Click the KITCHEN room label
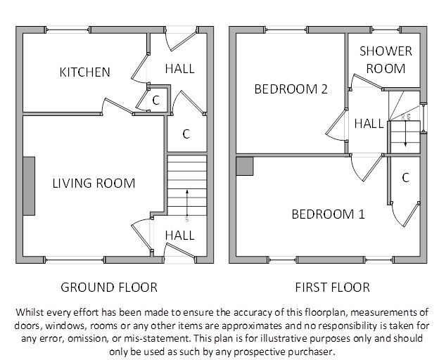coord(85,72)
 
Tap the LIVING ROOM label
coord(94,184)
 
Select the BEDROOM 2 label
coord(291,89)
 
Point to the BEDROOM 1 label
coord(329,214)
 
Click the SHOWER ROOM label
coord(386,60)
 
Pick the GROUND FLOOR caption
coord(109,288)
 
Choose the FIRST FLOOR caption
coord(333,288)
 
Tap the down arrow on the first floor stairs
coord(405,134)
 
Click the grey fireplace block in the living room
coord(29,186)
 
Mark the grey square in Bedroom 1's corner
coord(245,166)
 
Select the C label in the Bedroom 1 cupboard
coord(406,178)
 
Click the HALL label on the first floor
coord(369,124)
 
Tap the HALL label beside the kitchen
coord(179,69)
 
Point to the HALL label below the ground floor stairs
coord(179,236)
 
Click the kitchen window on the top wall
coord(68,30)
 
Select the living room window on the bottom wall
coord(74,260)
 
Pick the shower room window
coord(385,30)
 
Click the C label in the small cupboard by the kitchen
coord(156,100)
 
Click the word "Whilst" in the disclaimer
coord(28,312)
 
